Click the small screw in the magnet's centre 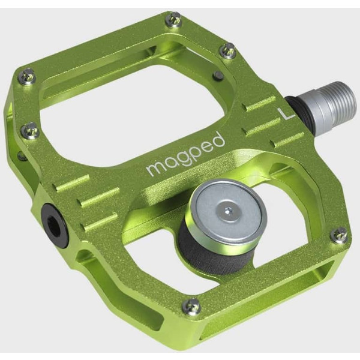(229, 211)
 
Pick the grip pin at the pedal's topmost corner (173, 20)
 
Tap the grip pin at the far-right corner (340, 234)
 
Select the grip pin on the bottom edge (191, 306)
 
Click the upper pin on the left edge (26, 76)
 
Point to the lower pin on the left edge (30, 130)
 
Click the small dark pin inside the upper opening (218, 76)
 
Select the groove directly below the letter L (288, 139)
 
